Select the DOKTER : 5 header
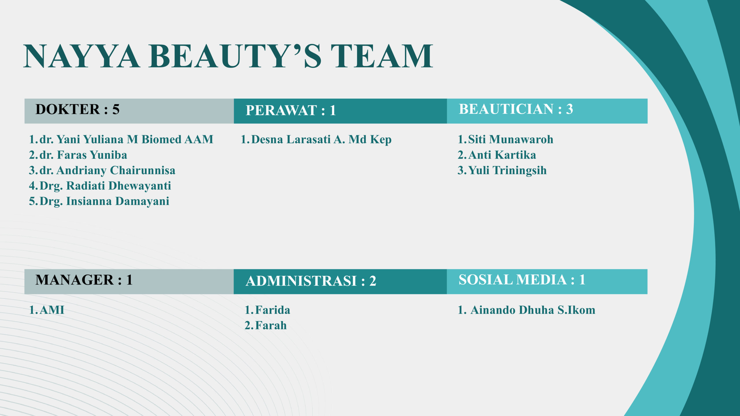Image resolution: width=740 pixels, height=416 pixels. pos(77,109)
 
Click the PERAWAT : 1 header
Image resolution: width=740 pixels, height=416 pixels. pos(291,110)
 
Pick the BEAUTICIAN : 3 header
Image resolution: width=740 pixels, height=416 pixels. pos(516,109)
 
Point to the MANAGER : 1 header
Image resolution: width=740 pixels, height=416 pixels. pos(84,280)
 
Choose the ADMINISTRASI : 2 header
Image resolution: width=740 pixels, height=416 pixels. pos(311,281)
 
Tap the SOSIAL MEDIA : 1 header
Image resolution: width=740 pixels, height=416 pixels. pos(522,280)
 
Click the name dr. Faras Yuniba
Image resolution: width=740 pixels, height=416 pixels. pos(83,155)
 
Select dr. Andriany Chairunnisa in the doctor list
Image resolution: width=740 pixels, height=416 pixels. pos(108,170)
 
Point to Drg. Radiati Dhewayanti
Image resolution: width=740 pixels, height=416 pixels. pos(105,186)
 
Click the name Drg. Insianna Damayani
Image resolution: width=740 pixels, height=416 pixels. pos(104,201)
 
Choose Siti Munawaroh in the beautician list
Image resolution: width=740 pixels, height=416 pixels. pos(511,140)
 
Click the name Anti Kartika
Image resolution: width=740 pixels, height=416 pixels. pos(502,155)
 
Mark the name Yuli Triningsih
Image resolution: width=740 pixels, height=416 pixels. pos(507,170)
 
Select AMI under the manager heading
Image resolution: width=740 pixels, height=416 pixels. pos(52,310)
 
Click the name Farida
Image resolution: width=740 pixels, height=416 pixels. pos(273,310)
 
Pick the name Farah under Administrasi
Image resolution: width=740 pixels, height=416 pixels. pos(271,326)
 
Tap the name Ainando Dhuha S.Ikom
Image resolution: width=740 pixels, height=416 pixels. pos(533,310)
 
